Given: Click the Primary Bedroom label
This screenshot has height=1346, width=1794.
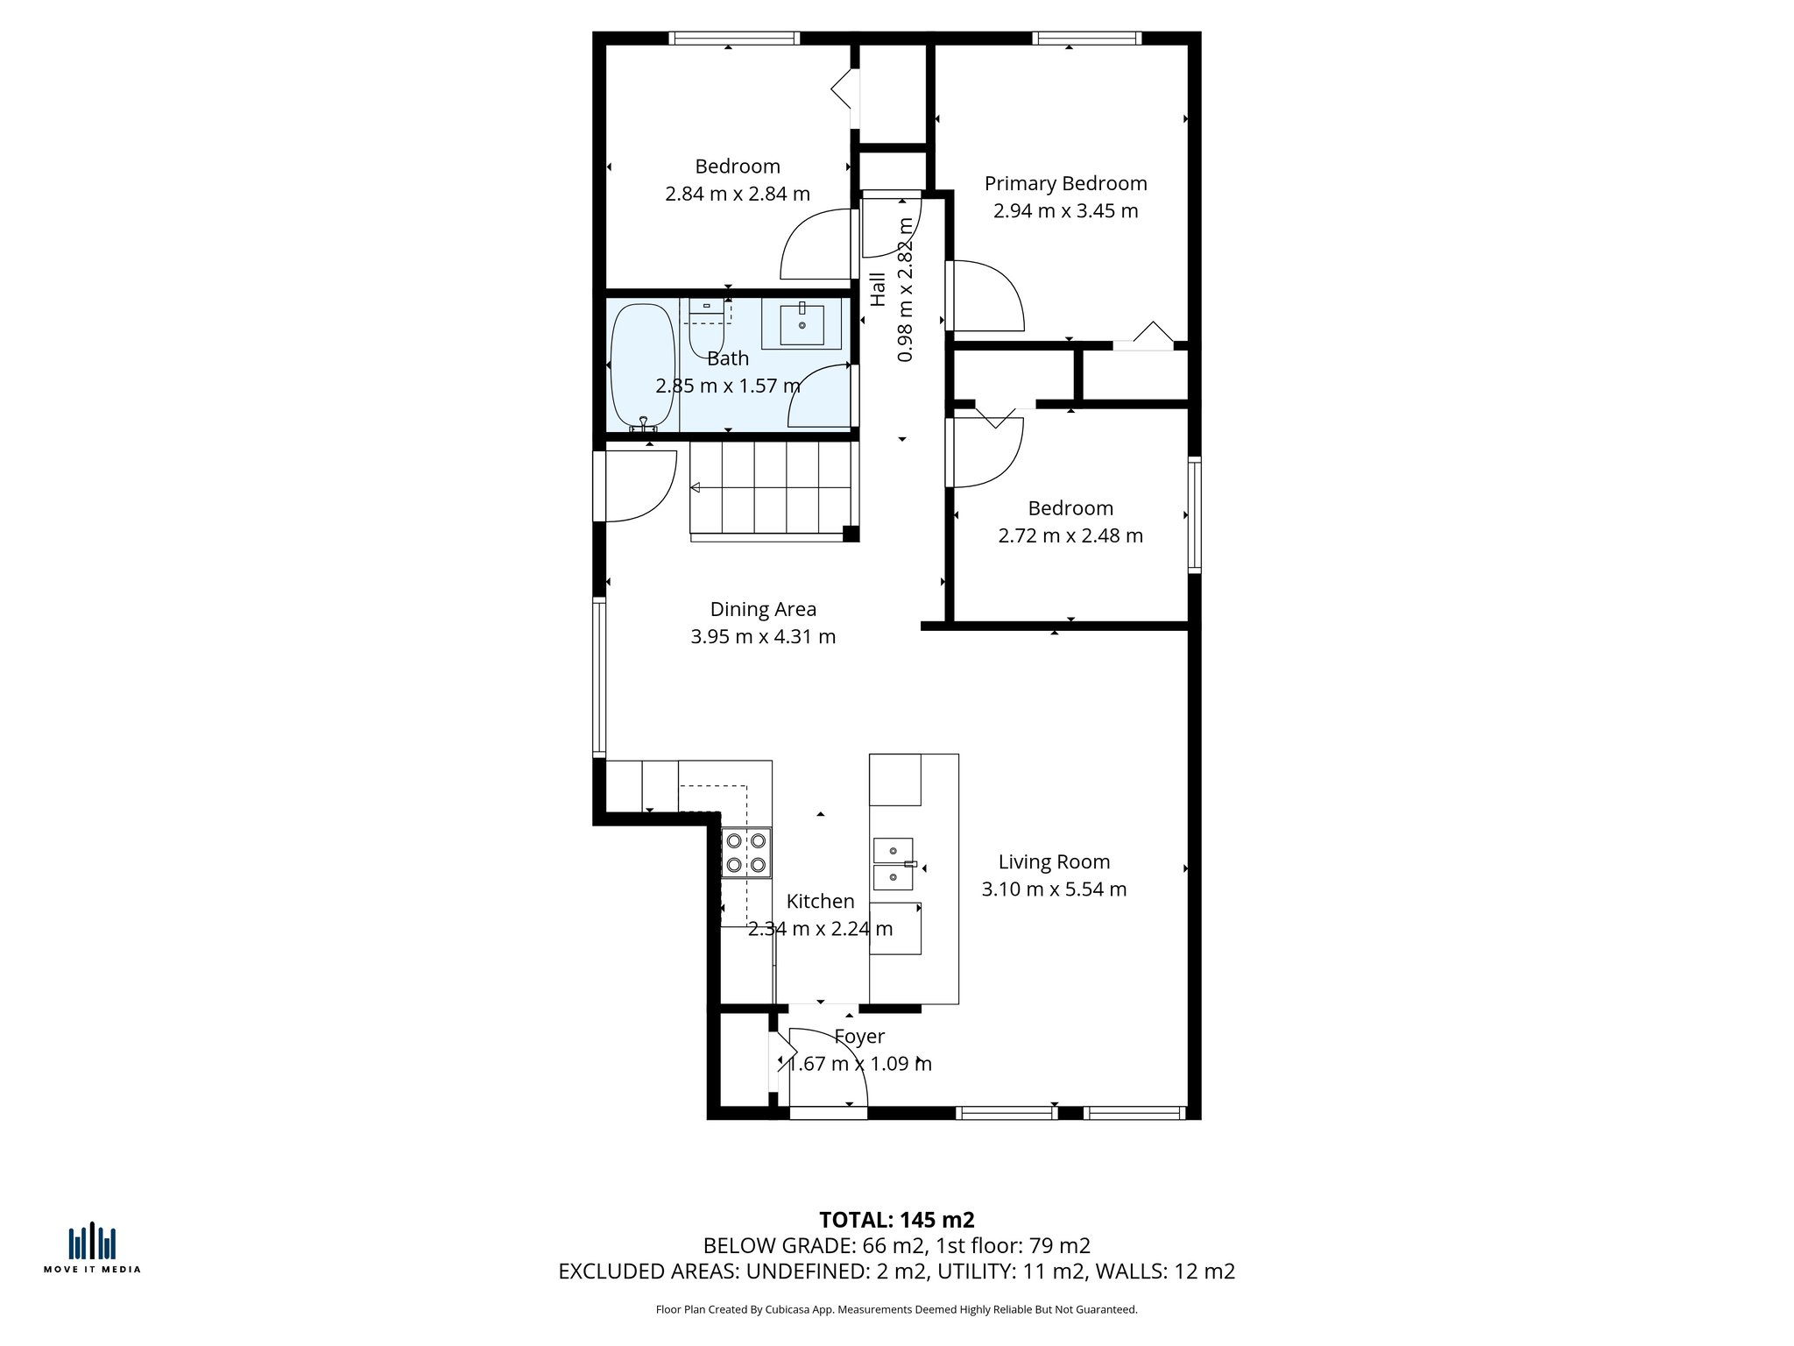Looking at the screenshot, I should point(1065,184).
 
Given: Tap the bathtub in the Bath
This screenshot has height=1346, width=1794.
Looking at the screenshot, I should point(642,365).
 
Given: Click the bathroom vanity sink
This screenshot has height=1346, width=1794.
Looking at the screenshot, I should point(802,325).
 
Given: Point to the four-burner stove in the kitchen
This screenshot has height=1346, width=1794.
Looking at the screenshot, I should point(746,853).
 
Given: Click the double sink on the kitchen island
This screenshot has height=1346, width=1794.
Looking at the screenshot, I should point(893,862).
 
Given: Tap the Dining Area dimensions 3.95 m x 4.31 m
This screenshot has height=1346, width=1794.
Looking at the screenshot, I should point(763,637).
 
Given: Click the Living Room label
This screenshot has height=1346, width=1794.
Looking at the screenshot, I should point(1054,862).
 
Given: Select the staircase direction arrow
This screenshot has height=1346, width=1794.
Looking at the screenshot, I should point(697,487).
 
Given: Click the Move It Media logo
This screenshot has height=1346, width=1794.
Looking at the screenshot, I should point(92,1249).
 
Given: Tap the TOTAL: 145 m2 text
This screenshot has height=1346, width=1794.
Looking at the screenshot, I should point(896,1220).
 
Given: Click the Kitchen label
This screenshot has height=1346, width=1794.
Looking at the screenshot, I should point(820,902).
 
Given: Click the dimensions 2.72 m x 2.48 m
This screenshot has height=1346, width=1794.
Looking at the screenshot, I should point(1070,535).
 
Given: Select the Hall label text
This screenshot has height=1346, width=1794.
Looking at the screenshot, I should point(878,289).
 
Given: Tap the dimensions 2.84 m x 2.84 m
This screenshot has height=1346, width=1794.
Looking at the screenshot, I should point(737,194).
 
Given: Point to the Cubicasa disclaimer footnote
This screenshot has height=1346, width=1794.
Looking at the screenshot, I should point(896,1310).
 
